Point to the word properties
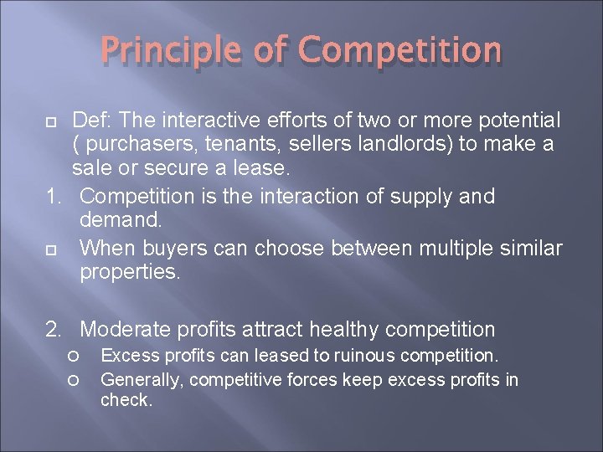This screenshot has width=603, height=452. pos(129,273)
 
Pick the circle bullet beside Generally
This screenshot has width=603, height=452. pos(75,381)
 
